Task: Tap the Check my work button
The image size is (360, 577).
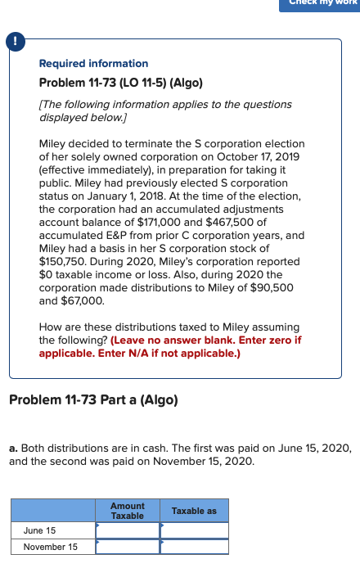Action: pyautogui.click(x=321, y=4)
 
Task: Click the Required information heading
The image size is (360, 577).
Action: pyautogui.click(x=93, y=63)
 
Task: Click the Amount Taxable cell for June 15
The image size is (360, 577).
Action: pyautogui.click(x=128, y=530)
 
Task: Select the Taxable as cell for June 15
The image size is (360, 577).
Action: pyautogui.click(x=194, y=530)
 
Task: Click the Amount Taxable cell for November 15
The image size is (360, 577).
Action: pyautogui.click(x=128, y=547)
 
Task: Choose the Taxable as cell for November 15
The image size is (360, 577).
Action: pyautogui.click(x=194, y=547)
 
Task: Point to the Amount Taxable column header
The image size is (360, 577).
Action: pyautogui.click(x=128, y=511)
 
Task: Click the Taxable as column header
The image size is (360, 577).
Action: pyautogui.click(x=194, y=511)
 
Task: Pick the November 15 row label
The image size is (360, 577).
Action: pyautogui.click(x=50, y=547)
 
